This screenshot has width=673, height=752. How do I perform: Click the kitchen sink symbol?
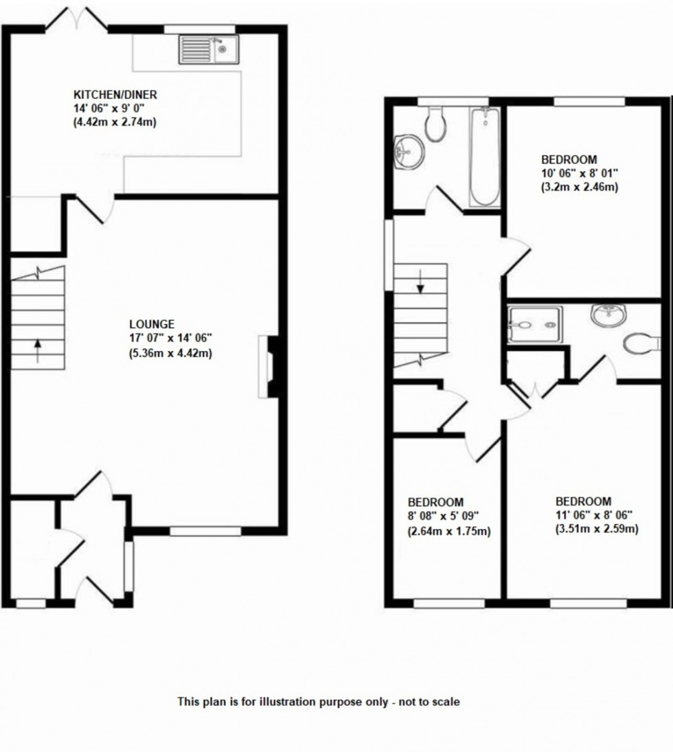coord(208,49)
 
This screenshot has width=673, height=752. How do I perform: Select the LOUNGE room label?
coord(151,324)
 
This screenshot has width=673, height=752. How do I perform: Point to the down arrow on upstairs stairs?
coord(420,280)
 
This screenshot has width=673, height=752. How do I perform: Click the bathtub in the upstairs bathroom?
coord(486,156)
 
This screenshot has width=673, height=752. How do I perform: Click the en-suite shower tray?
coord(535,325)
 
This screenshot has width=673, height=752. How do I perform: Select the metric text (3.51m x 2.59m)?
coord(596,529)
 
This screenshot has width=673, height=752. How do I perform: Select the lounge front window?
coord(205,531)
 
